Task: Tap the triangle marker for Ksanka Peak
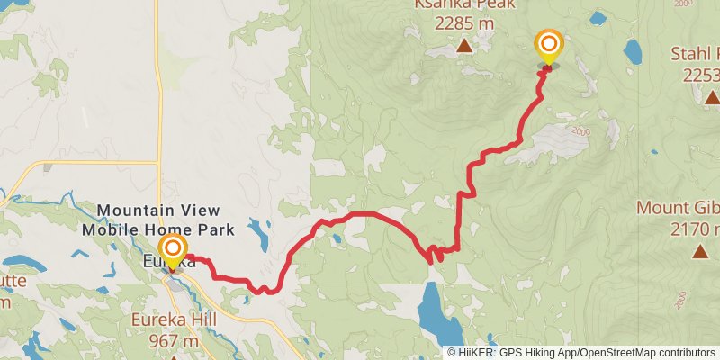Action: (463, 45)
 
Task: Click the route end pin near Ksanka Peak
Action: (548, 45)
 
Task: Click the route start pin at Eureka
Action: (172, 248)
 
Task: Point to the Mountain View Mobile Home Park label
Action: (158, 220)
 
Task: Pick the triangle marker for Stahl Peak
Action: (711, 97)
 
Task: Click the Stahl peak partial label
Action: (695, 54)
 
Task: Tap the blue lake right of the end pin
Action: (632, 50)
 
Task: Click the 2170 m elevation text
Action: (695, 229)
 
